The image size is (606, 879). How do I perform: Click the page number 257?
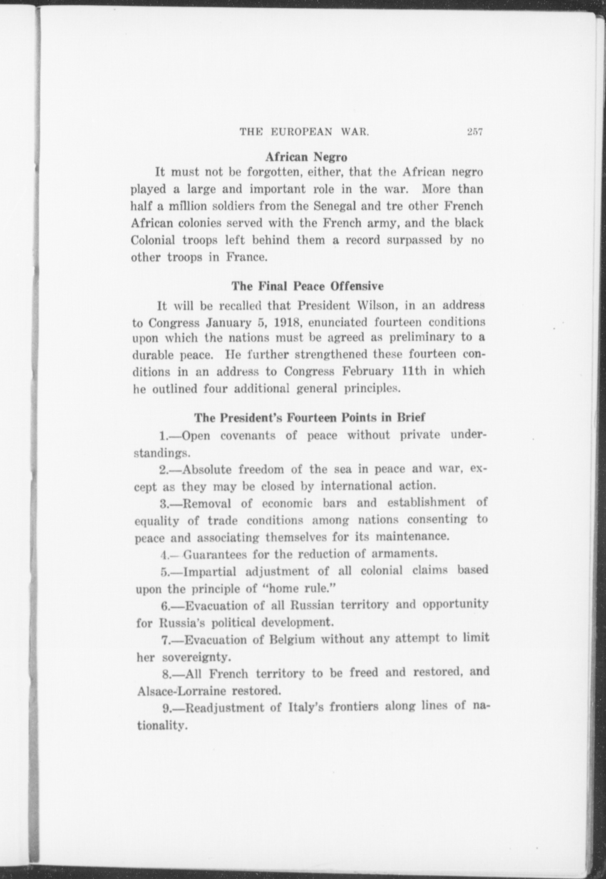pos(474,132)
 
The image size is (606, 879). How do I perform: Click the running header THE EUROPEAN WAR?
pos(305,132)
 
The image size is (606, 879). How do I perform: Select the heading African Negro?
pos(306,157)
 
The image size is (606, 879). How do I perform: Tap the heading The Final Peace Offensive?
pos(307,286)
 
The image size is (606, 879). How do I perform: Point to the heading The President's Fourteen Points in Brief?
pos(310,417)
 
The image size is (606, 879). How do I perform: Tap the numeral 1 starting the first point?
pos(163,436)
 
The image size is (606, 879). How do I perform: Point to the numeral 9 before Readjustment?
pos(166,708)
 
